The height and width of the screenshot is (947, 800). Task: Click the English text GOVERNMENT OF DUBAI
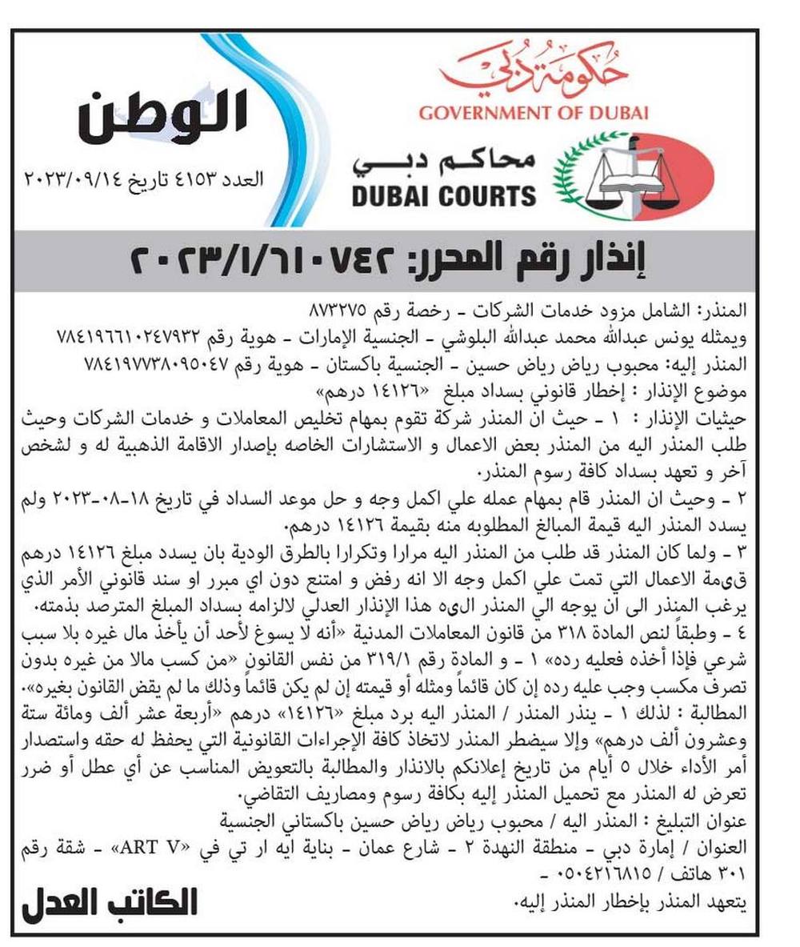click(x=534, y=112)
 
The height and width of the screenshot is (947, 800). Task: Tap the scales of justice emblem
click(x=633, y=177)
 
